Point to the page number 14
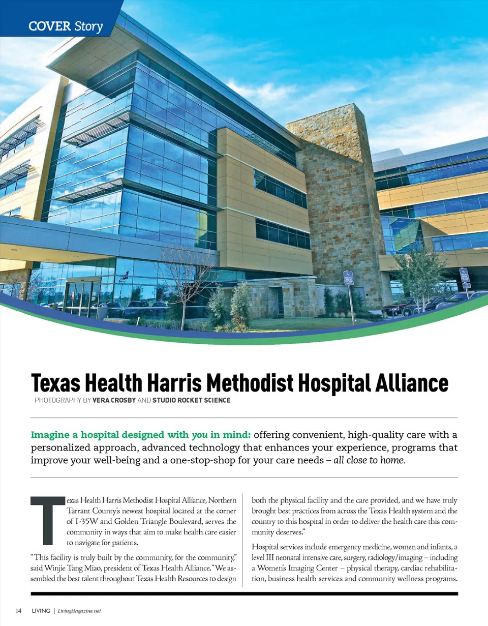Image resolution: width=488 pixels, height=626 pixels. click(x=18, y=610)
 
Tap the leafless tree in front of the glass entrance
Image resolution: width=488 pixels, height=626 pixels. click(x=186, y=285)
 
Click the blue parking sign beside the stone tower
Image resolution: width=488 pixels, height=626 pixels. click(x=348, y=279)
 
